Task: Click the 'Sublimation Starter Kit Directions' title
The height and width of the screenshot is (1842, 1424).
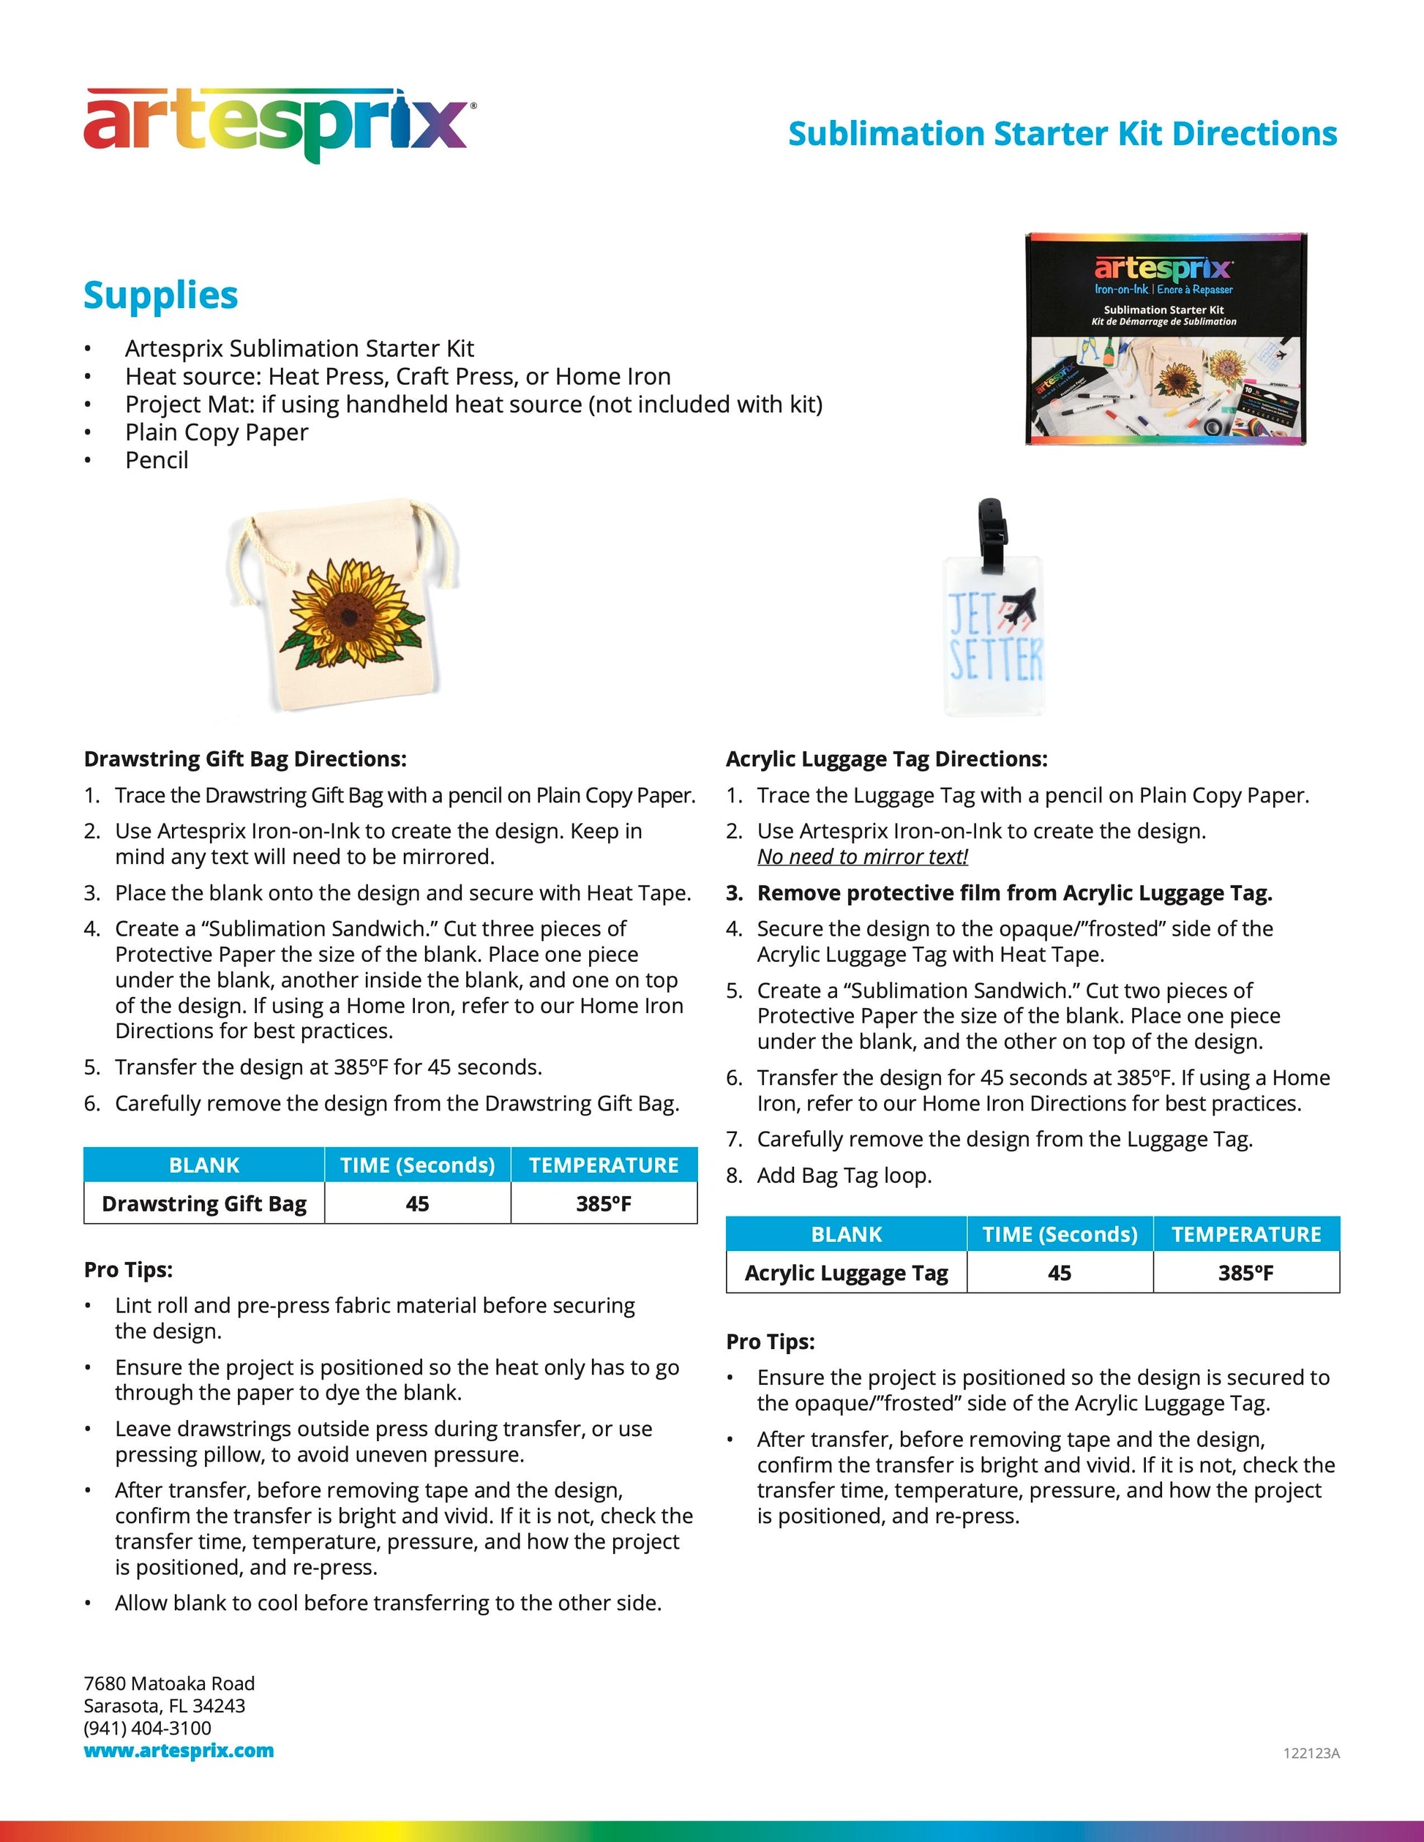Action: [1062, 133]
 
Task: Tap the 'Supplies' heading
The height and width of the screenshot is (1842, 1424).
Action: [160, 296]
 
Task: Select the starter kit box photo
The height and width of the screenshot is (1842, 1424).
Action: [1165, 339]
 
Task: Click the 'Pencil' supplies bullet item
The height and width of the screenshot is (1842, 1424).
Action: [157, 461]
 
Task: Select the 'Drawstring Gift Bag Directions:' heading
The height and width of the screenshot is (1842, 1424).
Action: [244, 759]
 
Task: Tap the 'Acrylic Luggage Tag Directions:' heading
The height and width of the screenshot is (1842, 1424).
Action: [885, 759]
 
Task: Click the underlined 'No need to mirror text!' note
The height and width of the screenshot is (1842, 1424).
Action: [862, 857]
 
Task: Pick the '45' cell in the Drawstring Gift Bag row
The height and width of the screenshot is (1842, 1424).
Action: [417, 1203]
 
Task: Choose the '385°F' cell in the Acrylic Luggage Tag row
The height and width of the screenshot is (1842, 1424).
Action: [1245, 1273]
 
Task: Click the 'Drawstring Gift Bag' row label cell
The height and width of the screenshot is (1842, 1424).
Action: [204, 1203]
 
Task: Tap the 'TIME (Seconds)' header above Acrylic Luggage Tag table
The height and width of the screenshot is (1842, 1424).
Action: [1060, 1235]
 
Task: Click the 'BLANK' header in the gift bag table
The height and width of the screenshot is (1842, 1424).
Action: [204, 1165]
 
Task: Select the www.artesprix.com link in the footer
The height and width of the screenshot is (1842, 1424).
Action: [179, 1750]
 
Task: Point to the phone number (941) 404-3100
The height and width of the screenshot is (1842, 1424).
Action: [148, 1728]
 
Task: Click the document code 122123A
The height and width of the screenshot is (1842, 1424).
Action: [1311, 1753]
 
